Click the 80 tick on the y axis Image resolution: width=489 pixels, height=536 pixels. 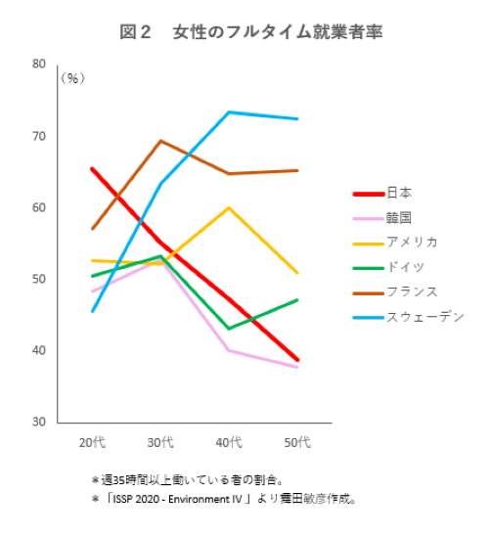click(x=39, y=65)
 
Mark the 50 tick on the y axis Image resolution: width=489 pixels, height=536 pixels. click(x=39, y=280)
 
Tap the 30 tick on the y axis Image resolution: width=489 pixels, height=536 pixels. click(x=39, y=423)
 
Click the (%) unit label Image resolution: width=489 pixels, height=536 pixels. click(x=73, y=78)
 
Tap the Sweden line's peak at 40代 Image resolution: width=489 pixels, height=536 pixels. click(x=229, y=112)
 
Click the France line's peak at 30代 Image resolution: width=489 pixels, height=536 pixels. click(x=160, y=141)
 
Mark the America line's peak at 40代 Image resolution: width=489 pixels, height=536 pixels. click(x=229, y=207)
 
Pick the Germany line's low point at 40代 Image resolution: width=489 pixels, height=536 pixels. click(x=229, y=329)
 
